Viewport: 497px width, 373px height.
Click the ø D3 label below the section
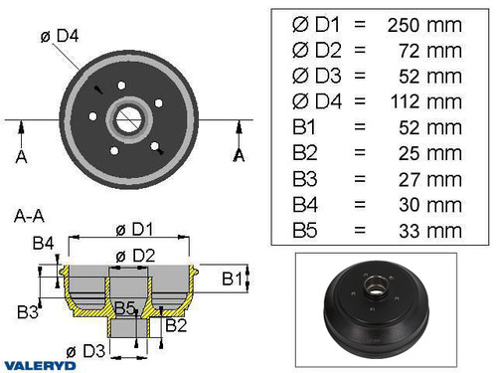point(84,351)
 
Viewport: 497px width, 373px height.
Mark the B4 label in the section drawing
point(43,243)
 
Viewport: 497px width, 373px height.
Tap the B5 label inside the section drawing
point(124,306)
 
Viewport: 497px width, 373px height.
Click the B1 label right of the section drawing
point(230,277)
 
